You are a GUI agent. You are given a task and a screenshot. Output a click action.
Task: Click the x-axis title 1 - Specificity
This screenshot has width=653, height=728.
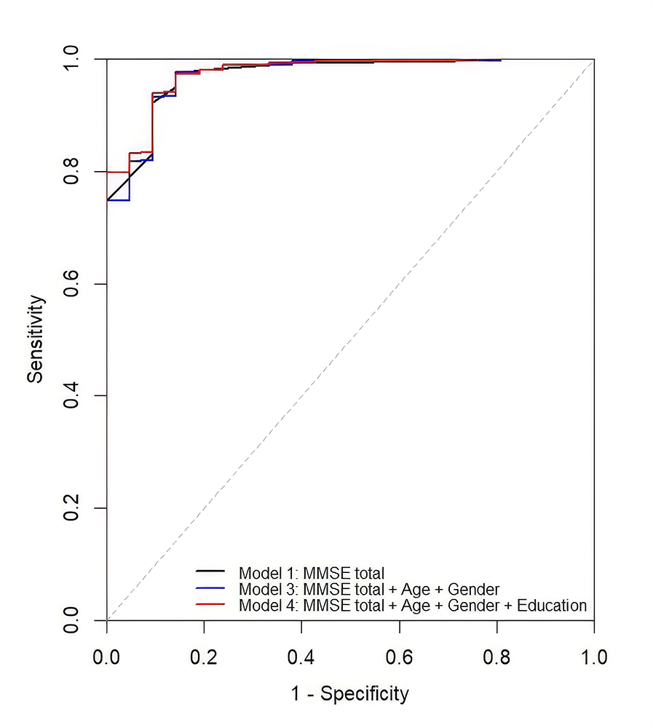coord(350,694)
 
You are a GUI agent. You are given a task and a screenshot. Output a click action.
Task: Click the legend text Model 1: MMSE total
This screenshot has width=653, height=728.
coord(312,572)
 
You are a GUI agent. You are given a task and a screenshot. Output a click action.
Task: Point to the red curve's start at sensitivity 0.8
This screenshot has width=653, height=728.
coord(108,172)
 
